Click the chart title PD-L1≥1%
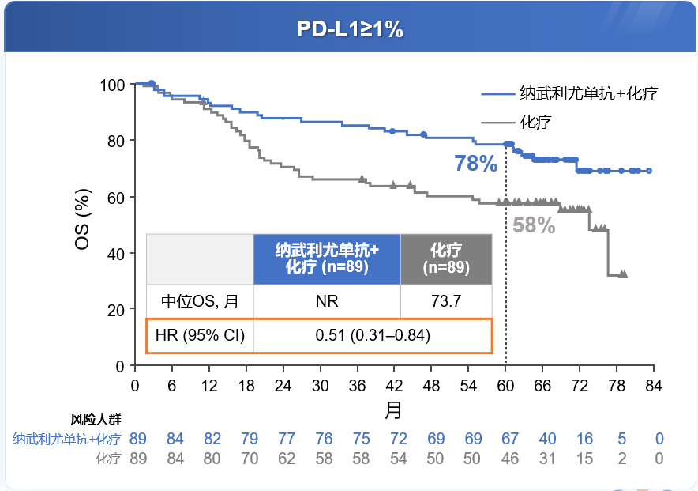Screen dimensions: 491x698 (349, 28)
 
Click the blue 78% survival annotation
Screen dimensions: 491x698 (475, 164)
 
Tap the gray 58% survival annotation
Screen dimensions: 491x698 (534, 225)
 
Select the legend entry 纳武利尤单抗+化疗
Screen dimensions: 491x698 (589, 93)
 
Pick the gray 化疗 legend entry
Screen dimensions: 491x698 (535, 122)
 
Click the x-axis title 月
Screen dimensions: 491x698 (393, 410)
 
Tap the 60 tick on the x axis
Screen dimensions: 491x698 (505, 385)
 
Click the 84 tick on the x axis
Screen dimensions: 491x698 (653, 385)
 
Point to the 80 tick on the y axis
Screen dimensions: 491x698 (116, 141)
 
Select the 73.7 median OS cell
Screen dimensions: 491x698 (446, 300)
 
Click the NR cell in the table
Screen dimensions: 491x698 (327, 300)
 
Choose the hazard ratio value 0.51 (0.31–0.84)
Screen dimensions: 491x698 (373, 335)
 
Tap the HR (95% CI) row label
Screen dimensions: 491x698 (200, 335)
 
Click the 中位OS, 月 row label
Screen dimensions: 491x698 (200, 300)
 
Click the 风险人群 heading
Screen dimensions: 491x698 (96, 419)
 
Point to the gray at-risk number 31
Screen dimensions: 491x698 (546, 459)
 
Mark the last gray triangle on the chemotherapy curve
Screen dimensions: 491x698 (624, 274)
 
